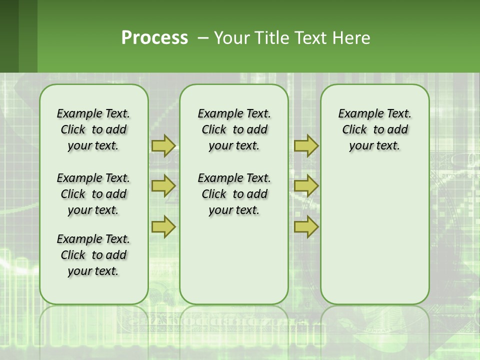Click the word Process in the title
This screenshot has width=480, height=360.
[154, 37]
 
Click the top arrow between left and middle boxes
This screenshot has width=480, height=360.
[163, 145]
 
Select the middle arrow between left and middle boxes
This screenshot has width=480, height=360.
[163, 186]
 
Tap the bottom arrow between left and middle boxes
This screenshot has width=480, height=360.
[163, 226]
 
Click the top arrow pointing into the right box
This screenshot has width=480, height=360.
[306, 145]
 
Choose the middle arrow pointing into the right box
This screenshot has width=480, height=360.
[306, 186]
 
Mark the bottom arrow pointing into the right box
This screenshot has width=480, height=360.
[306, 226]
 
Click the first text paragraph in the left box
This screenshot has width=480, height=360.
[93, 129]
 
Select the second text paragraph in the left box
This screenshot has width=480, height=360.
[93, 194]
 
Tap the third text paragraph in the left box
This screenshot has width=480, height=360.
[93, 255]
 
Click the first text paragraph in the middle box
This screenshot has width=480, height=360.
[234, 129]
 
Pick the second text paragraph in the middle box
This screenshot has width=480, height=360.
[234, 194]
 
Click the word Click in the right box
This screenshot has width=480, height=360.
[354, 130]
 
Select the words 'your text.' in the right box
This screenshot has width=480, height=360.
[374, 146]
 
